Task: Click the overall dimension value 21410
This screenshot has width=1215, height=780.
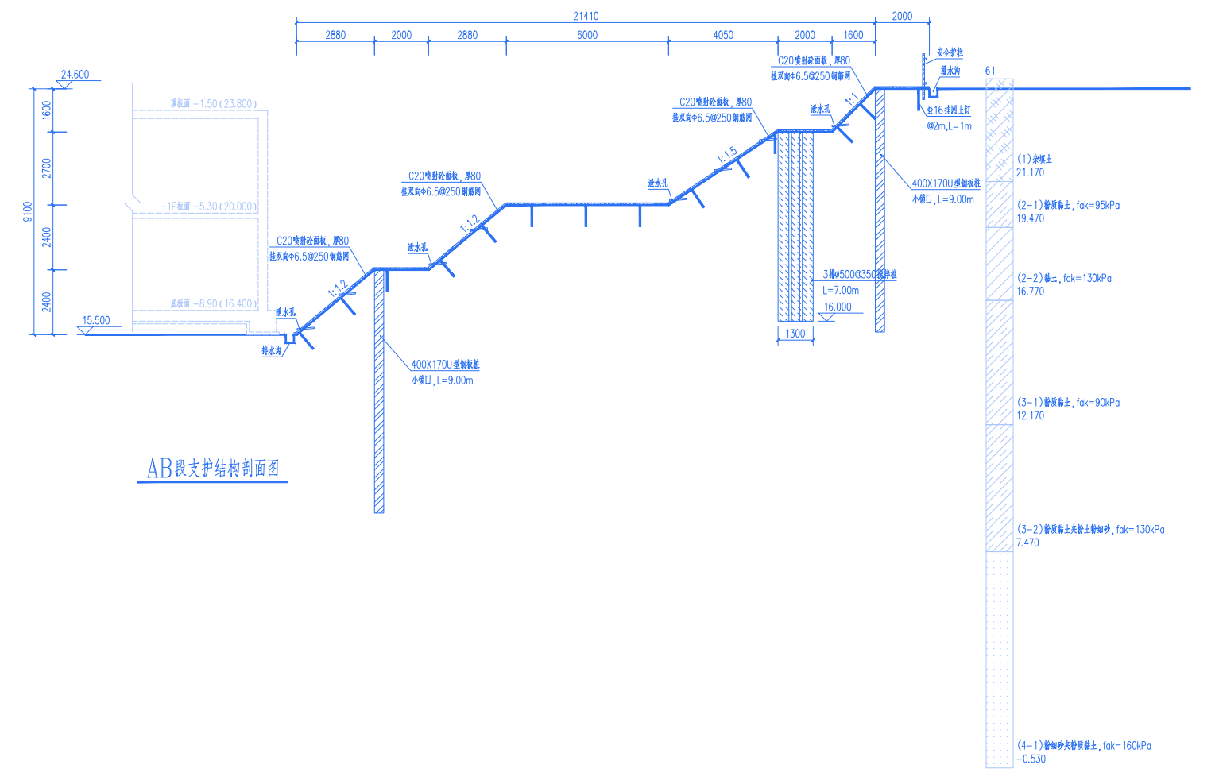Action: [x=586, y=16]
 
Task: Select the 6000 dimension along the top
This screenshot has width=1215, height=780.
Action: [x=587, y=35]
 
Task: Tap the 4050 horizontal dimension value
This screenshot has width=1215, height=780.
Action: [x=723, y=35]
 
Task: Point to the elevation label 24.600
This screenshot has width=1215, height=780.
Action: [x=75, y=75]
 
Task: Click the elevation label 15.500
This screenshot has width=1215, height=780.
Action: [x=96, y=321]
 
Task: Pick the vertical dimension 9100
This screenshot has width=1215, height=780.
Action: [x=29, y=211]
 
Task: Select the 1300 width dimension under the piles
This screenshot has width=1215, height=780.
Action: [x=795, y=334]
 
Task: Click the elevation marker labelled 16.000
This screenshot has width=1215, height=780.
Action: [x=838, y=307]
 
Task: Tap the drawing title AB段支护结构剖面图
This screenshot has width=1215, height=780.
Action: [x=213, y=469]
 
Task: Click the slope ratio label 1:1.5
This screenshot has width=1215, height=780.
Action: [x=727, y=155]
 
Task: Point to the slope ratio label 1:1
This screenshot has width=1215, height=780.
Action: [x=852, y=100]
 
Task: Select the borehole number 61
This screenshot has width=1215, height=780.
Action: [x=990, y=71]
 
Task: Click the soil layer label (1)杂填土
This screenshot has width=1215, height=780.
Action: [x=1035, y=159]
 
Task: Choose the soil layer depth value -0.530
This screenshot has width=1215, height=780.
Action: [x=1031, y=759]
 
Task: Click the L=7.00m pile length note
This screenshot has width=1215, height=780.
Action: [x=841, y=291]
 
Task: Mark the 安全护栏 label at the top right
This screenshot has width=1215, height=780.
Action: [x=950, y=53]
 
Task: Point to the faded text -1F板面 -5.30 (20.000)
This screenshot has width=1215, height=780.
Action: [x=208, y=207]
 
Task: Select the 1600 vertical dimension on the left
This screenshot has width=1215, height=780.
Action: [x=47, y=109]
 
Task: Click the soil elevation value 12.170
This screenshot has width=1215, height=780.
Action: [x=1031, y=415]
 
